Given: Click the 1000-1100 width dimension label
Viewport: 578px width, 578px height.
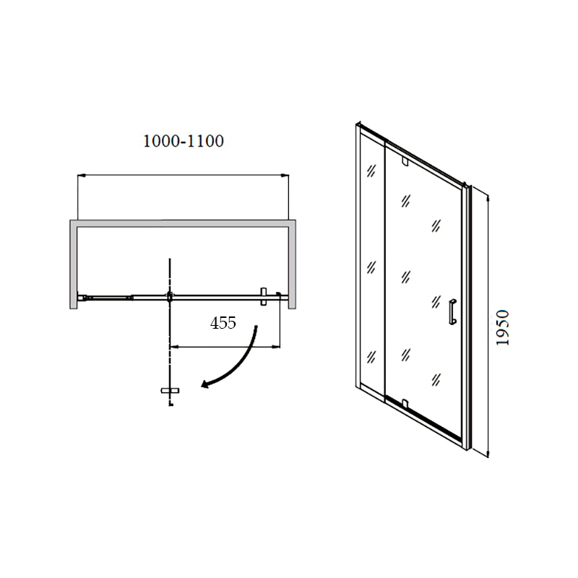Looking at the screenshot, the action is pos(184,141).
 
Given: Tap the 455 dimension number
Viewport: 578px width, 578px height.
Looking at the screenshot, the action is pos(223,323).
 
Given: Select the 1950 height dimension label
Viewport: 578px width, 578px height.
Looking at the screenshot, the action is pos(502,327).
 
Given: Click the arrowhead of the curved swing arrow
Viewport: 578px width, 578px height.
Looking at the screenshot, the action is pos(206,384).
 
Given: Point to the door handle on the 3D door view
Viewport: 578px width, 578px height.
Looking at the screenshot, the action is pos(453,312).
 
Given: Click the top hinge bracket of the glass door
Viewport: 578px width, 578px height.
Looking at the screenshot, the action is pos(405,161).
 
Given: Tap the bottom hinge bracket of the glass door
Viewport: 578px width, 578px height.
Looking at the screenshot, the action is pos(405,404).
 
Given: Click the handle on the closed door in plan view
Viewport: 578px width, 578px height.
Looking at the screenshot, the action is pos(263,296).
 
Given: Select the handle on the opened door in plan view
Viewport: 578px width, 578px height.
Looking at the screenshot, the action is pos(170,391).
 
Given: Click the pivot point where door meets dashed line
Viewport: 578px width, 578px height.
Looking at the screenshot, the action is pos(170,296).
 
